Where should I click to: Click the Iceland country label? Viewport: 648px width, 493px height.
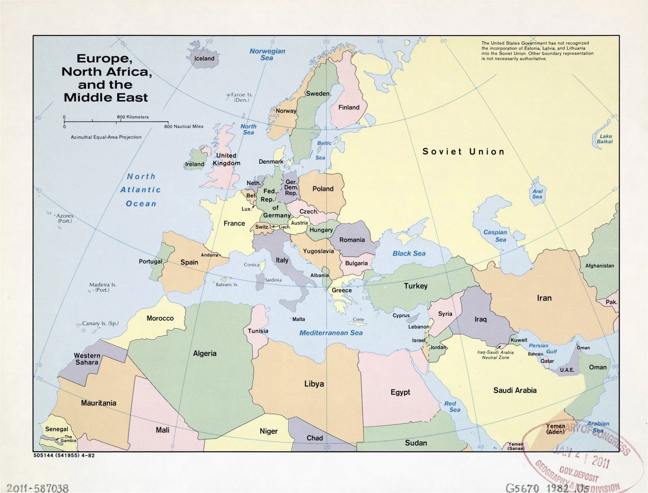click(x=204, y=58)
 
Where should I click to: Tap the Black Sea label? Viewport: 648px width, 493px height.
click(x=409, y=253)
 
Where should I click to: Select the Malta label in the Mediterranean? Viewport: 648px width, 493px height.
click(x=298, y=319)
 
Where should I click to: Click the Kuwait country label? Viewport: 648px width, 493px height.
click(x=519, y=340)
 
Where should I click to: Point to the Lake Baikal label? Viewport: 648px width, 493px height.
click(x=605, y=139)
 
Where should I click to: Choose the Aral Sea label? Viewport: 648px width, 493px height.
click(x=537, y=194)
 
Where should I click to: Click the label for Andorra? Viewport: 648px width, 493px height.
click(x=209, y=255)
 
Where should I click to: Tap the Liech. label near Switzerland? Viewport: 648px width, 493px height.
click(x=285, y=227)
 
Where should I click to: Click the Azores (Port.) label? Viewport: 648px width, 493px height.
click(x=64, y=218)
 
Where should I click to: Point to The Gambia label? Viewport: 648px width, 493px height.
click(x=68, y=439)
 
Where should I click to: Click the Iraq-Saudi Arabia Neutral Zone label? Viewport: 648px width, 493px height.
click(x=495, y=355)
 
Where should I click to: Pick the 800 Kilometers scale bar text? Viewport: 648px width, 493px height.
click(x=133, y=117)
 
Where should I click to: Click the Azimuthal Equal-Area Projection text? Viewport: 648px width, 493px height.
click(x=106, y=137)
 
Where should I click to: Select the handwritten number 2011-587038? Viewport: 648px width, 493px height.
click(x=35, y=488)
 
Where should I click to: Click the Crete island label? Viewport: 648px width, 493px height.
click(x=358, y=319)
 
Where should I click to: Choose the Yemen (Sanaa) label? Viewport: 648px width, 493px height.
click(x=516, y=446)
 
